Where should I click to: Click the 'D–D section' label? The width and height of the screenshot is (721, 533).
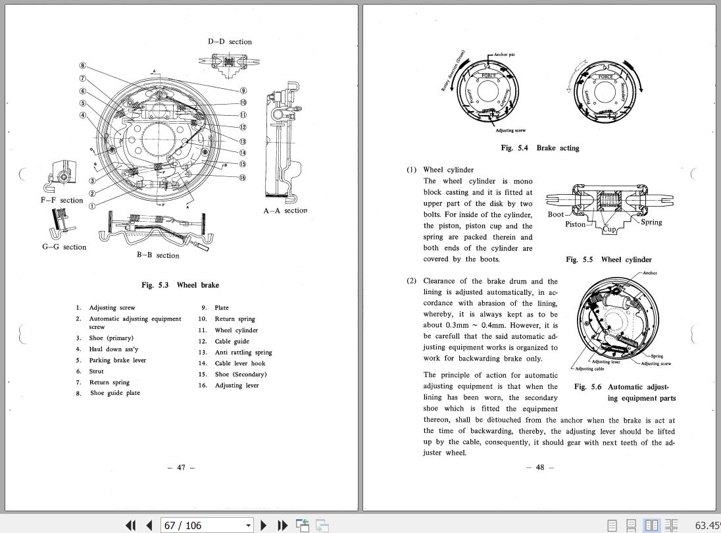pos(230,41)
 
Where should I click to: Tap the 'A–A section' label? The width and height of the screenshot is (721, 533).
pos(286,211)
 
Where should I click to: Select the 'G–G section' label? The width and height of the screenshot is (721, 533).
pos(64,247)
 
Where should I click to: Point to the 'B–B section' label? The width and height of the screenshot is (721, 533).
pos(158,255)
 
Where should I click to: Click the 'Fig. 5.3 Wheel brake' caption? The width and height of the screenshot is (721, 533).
pos(180,285)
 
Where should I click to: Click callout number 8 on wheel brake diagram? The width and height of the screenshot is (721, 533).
pos(83,66)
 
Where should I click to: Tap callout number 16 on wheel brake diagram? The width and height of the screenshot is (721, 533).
pos(243,178)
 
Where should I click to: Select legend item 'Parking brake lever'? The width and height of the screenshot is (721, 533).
pos(117,360)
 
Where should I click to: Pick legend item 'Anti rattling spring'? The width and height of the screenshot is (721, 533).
pos(243,352)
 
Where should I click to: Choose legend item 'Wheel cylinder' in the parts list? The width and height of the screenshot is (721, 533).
pos(236,330)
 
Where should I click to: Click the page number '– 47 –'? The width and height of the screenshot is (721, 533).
pos(181,467)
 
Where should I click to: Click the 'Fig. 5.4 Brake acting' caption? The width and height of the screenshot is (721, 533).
pos(539,148)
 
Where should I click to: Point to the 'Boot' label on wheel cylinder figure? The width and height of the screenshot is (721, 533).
pos(555,214)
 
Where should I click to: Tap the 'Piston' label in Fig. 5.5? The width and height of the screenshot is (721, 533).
pos(575,224)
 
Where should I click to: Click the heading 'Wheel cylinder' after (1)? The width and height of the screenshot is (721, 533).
pos(448,170)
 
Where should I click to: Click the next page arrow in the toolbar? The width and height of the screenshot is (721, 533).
pos(264,525)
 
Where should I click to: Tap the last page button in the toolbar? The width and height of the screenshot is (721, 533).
pos(282,525)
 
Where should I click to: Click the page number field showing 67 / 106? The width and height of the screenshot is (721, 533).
pos(203,525)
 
